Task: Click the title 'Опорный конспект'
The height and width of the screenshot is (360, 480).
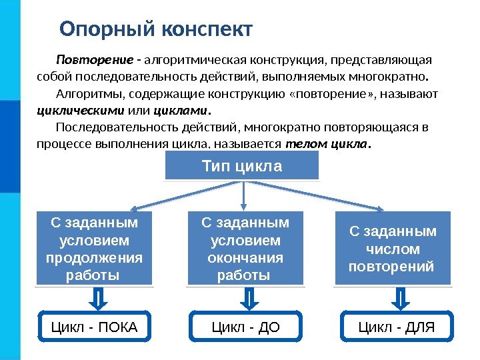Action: (156, 30)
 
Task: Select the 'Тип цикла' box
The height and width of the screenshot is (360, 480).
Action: (242, 166)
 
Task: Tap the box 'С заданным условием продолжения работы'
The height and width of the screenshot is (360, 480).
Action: (94, 247)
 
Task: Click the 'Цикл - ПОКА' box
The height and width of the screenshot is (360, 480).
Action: (94, 327)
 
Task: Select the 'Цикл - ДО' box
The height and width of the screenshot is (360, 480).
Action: (245, 327)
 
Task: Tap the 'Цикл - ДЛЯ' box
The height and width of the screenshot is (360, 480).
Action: (397, 327)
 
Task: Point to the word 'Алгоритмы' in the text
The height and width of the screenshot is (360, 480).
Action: (85, 93)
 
